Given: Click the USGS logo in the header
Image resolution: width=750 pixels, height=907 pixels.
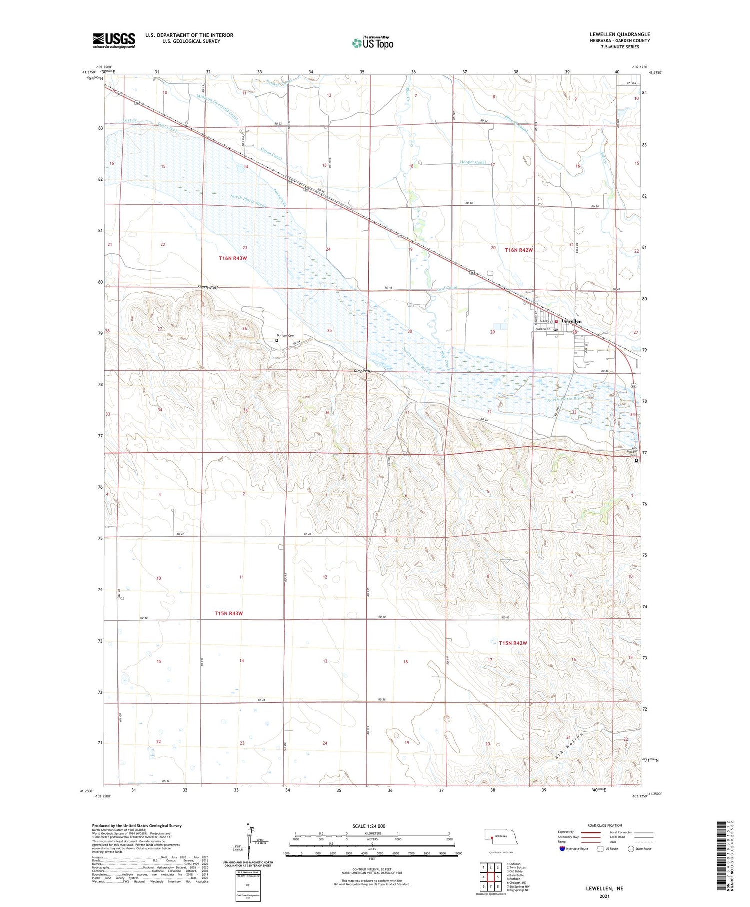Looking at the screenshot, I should pyautogui.click(x=114, y=40).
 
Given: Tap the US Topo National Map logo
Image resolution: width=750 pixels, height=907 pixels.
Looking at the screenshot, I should pyautogui.click(x=373, y=43).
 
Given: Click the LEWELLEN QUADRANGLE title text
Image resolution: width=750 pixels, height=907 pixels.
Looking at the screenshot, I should pyautogui.click(x=620, y=34).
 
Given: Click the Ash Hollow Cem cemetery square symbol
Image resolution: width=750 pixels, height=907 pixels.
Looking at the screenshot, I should pyautogui.click(x=636, y=461).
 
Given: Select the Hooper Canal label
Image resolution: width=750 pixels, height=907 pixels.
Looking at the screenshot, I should pyautogui.click(x=473, y=162).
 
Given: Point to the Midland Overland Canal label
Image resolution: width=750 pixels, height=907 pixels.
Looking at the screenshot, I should pyautogui.click(x=218, y=108).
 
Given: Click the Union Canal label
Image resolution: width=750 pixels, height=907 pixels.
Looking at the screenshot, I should pyautogui.click(x=272, y=154).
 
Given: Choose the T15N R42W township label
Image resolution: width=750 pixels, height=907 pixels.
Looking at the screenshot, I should pyautogui.click(x=513, y=643).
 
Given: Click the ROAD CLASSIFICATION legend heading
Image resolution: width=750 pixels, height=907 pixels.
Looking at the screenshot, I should pyautogui.click(x=605, y=825).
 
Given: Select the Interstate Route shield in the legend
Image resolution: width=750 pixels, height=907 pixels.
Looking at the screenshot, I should pyautogui.click(x=562, y=849).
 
